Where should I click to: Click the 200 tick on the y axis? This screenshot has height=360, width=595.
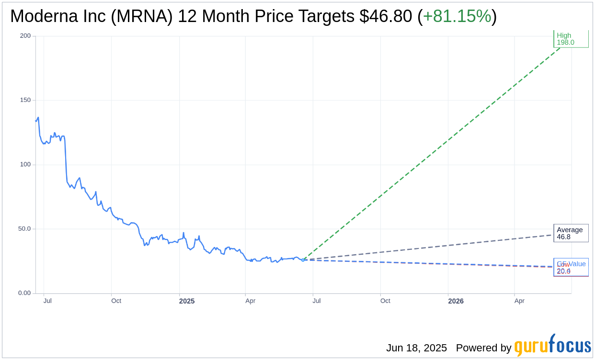25,36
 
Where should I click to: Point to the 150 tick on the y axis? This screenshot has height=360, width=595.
25,100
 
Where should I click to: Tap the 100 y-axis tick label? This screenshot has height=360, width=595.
25,164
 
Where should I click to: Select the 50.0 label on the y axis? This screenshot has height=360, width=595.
24,229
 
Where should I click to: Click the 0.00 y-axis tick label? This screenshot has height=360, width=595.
24,293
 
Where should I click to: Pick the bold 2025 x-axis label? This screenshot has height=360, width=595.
187,301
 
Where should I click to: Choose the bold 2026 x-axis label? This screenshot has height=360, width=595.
456,301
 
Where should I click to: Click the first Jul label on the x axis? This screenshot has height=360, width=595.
47,301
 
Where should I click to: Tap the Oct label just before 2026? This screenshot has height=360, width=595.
385,301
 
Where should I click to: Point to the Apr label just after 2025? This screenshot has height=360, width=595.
250,301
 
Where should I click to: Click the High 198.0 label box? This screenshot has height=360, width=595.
571,39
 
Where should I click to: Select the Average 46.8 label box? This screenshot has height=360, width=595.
571,233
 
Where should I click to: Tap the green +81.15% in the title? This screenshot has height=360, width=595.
457,16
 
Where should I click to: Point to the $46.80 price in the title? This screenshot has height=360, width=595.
386,16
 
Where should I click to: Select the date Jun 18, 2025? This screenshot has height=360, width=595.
416,348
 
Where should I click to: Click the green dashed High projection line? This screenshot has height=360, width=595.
431,153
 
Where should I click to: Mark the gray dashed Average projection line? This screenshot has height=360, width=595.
431,247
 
